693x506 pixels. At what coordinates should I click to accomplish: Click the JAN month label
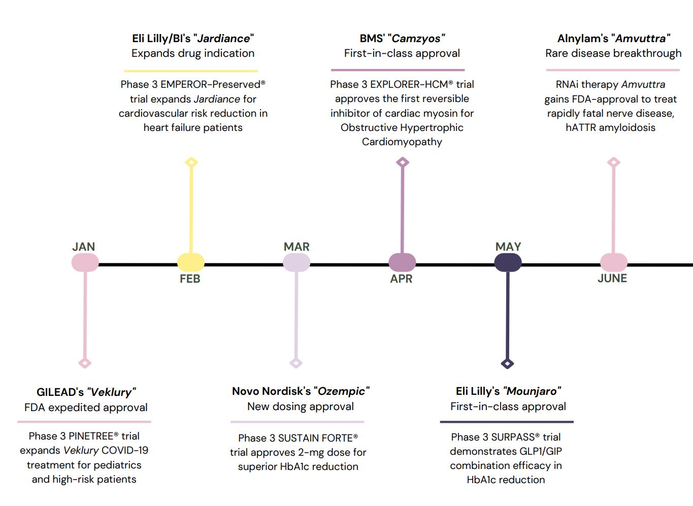(x=83, y=247)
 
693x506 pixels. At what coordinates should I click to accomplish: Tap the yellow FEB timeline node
(x=191, y=262)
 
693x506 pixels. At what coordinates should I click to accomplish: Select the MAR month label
(x=296, y=247)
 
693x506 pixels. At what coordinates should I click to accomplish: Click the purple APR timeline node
(x=402, y=262)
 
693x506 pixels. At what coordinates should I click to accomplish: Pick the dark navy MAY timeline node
(x=508, y=262)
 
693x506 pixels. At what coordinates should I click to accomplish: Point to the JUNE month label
(x=612, y=278)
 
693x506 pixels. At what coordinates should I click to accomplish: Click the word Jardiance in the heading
(x=223, y=39)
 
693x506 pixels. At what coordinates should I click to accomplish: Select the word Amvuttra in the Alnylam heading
(x=641, y=39)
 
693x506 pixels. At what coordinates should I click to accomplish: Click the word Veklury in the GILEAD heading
(x=111, y=392)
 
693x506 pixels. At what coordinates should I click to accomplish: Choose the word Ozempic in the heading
(x=341, y=391)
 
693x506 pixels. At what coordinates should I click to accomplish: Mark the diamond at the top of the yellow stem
(x=191, y=162)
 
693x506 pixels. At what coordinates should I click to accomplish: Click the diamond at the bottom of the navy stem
(x=507, y=363)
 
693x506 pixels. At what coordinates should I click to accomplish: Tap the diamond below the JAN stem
(x=85, y=363)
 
